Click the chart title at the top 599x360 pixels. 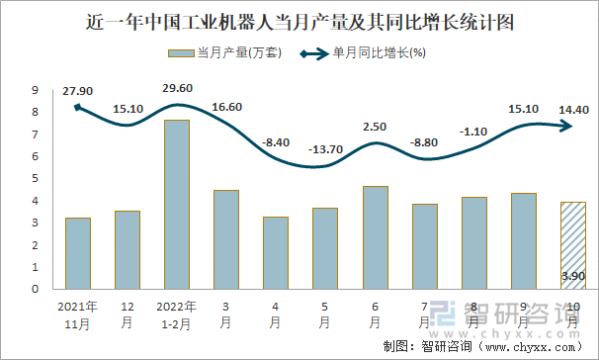[x=299, y=19]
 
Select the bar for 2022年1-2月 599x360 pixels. [x=177, y=205]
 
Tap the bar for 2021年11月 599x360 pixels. [x=78, y=253]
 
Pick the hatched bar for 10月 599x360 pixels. [x=572, y=245]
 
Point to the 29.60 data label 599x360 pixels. [x=178, y=88]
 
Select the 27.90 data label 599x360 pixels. [x=77, y=91]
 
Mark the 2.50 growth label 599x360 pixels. [x=375, y=127]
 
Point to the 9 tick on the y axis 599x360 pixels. [x=35, y=90]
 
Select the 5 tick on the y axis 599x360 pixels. [x=35, y=179]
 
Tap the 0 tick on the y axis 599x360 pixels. [x=35, y=290]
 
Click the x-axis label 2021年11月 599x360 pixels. [x=78, y=314]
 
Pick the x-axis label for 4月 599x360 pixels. [x=276, y=314]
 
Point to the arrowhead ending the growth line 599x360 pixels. [x=570, y=125]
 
